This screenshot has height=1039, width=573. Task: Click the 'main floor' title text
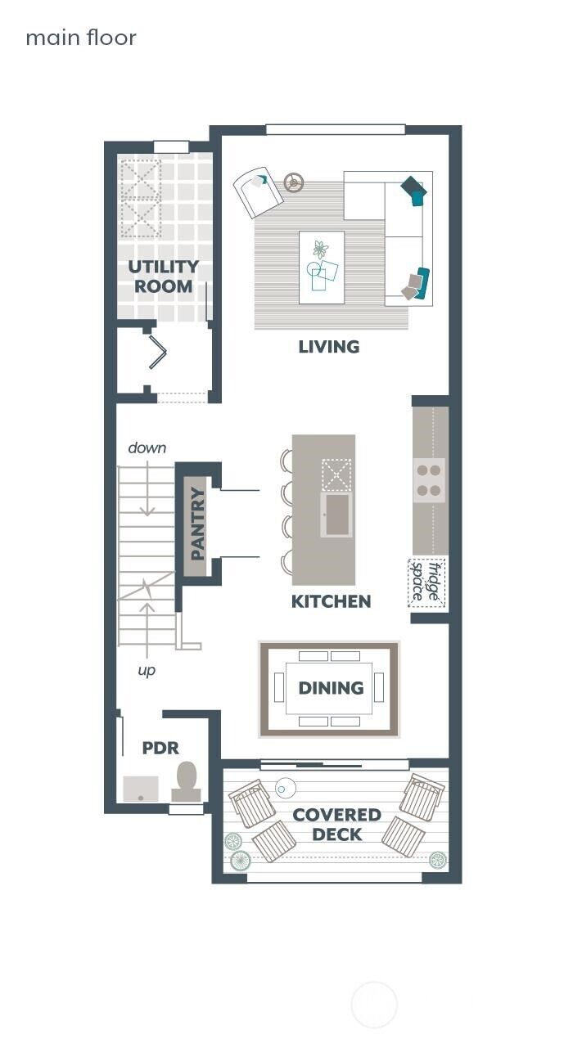[81, 38]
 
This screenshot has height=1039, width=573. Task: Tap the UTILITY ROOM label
[164, 277]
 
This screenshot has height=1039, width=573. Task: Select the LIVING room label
[328, 347]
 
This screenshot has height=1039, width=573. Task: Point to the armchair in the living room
[258, 191]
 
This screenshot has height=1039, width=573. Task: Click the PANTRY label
[196, 524]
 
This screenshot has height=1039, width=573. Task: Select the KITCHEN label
[331, 601]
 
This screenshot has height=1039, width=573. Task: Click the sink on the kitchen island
[336, 514]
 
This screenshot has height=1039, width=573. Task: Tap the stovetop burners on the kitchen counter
[430, 480]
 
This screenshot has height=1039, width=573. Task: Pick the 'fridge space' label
[426, 582]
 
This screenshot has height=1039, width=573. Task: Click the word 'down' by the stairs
[147, 448]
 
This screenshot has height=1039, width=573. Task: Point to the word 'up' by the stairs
[147, 670]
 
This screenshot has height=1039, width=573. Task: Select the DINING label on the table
[331, 688]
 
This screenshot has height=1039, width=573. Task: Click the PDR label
[160, 748]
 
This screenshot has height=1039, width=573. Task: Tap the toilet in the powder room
[187, 782]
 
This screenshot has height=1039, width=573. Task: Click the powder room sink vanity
[141, 789]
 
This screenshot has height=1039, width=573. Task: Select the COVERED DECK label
[336, 825]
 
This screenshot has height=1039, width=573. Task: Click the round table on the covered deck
[286, 788]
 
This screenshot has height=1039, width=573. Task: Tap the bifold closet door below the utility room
[157, 353]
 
